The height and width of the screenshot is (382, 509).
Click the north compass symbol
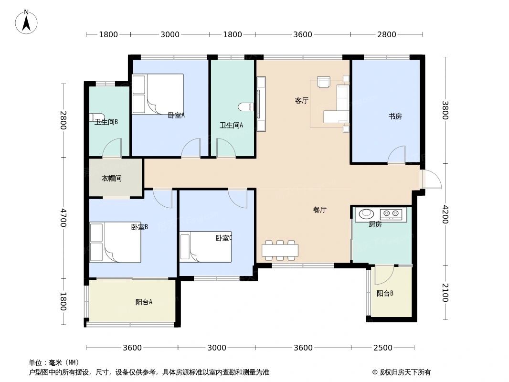27,22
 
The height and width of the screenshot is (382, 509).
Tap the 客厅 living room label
301,101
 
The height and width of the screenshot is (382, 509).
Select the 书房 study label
394,116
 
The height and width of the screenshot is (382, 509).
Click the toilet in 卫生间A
244,107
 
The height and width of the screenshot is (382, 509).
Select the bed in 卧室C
205,247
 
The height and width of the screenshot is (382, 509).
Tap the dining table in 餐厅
280,250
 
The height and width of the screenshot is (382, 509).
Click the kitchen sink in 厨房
367,214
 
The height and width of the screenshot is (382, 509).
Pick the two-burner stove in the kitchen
392,214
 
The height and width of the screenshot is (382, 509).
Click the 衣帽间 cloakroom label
111,179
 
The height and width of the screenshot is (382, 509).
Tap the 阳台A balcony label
144,302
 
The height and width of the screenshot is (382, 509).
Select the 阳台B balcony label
384,294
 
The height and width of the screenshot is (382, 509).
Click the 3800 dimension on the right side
445,111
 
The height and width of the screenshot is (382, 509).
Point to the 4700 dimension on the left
63,217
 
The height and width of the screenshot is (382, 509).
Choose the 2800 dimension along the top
386,34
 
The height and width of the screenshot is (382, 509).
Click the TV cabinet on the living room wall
261,104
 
